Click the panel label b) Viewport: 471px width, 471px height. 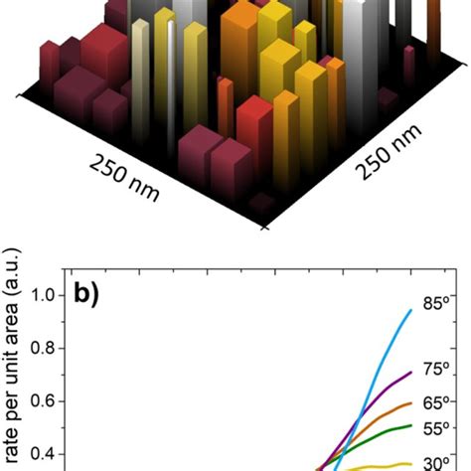pos(93,295)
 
